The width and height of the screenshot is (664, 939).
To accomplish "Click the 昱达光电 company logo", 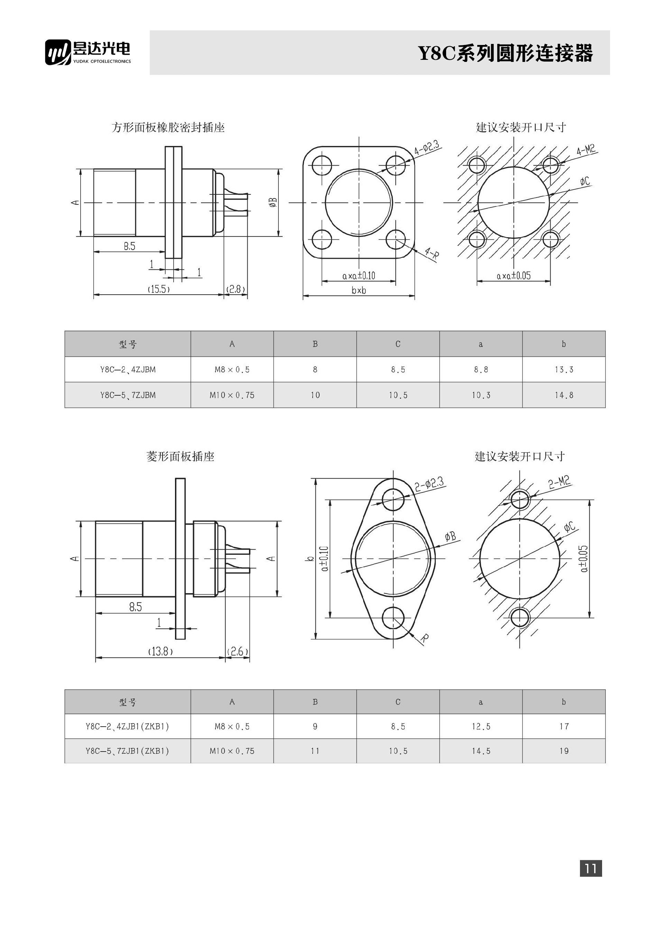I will [x=88, y=52].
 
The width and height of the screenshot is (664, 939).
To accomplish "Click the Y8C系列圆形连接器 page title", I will [x=505, y=54].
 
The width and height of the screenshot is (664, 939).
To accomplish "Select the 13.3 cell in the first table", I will [x=563, y=370].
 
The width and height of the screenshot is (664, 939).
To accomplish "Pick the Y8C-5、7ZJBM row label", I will [x=128, y=395].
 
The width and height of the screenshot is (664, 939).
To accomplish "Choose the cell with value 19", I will [x=563, y=751].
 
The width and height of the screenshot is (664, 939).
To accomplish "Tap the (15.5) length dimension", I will [x=159, y=289].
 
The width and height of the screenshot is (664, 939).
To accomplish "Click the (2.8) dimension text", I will [x=236, y=289].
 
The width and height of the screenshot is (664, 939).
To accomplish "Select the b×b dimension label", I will [x=359, y=291].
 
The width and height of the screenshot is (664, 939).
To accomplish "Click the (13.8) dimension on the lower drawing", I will [x=160, y=651].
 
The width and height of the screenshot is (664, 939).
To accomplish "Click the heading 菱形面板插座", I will [x=180, y=457].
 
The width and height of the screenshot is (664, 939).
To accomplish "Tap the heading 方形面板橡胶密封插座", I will [x=168, y=128].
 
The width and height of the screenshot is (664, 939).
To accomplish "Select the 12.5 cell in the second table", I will [x=481, y=726].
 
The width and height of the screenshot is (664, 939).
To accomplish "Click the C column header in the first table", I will [x=398, y=344].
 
